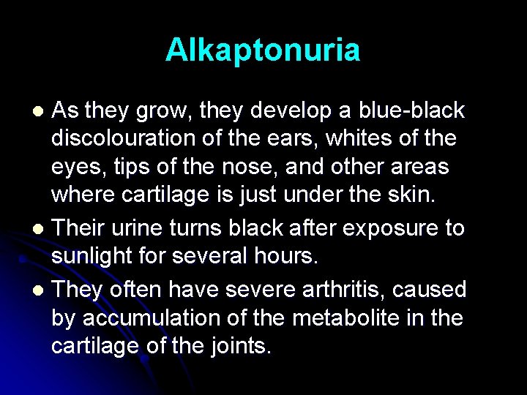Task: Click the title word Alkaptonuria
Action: (x=263, y=50)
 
